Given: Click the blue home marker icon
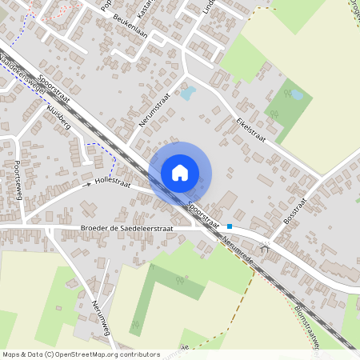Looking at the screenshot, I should click(180, 172).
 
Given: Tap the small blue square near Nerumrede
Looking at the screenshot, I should click(230, 226).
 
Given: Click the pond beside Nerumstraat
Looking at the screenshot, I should click(187, 94).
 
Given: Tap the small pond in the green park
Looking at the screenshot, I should click(297, 95).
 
